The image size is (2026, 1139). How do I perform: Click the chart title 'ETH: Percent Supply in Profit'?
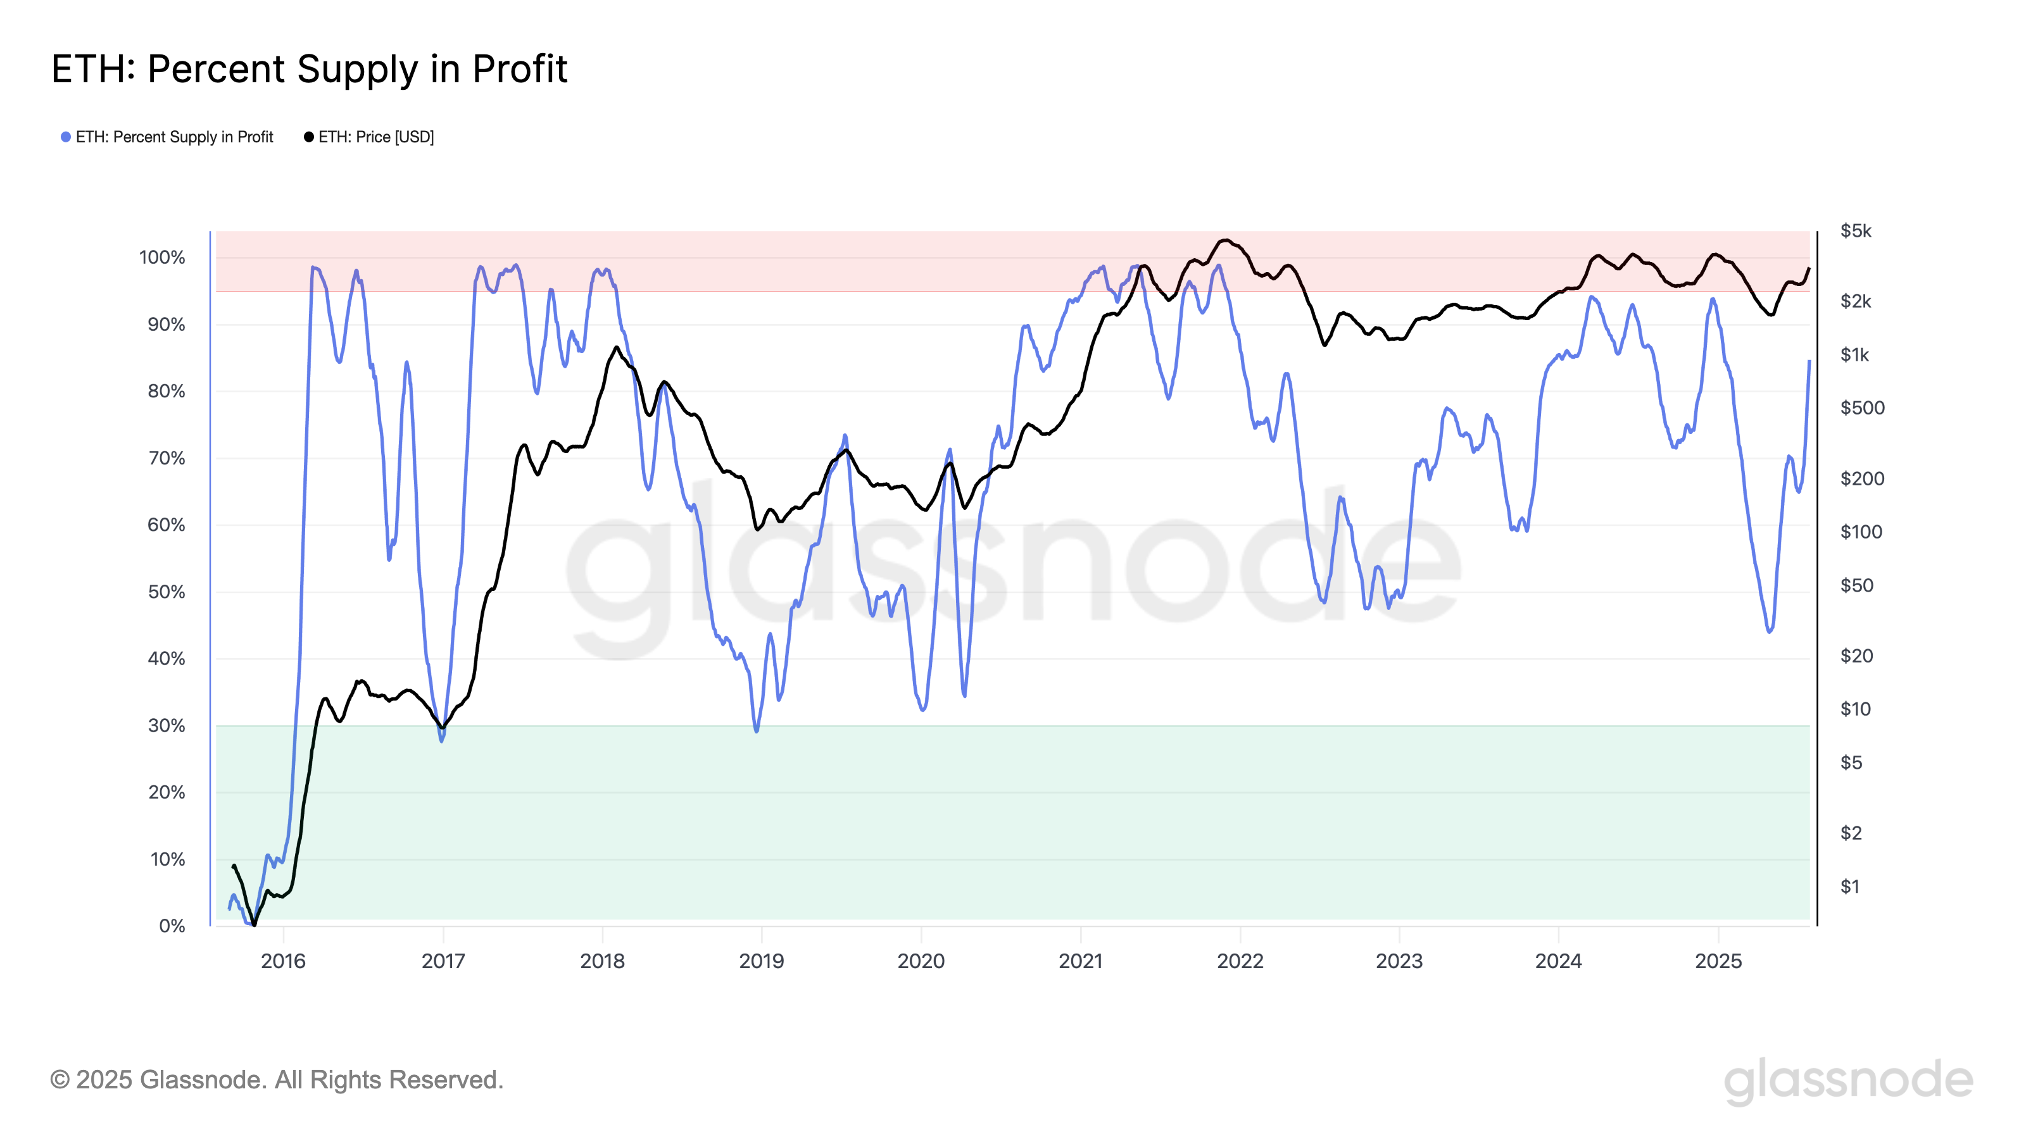coord(308,69)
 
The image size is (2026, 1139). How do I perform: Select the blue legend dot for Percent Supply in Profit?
coord(66,137)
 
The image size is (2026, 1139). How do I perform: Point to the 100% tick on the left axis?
coord(162,258)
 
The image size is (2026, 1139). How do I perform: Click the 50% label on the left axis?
coord(166,592)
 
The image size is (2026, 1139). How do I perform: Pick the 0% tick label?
coord(172,926)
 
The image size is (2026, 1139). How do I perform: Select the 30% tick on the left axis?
coord(166,726)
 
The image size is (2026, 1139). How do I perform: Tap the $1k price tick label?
coord(1854,354)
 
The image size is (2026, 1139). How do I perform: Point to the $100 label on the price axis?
coord(1861,532)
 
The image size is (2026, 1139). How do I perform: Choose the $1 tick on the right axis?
coord(1850,887)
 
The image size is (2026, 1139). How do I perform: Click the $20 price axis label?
coord(1856,656)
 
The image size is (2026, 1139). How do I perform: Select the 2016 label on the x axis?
coord(283,961)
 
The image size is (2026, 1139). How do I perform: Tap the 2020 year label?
coord(921,961)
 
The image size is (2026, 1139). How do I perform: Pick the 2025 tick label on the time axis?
coord(1718,961)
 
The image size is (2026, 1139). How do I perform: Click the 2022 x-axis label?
coord(1240,961)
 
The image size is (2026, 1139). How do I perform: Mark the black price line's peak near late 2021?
coord(1225,240)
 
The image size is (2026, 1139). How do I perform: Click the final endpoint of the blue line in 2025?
coord(1809,361)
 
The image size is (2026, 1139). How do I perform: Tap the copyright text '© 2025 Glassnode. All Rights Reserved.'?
coord(276,1080)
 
